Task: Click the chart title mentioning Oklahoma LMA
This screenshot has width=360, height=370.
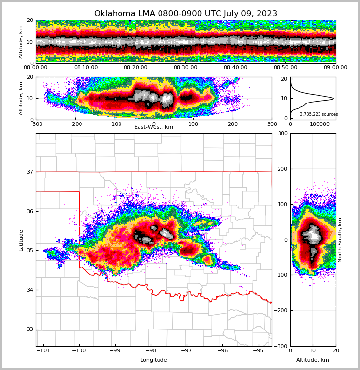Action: coord(185,14)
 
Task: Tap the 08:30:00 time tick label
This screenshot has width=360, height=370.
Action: coord(185,68)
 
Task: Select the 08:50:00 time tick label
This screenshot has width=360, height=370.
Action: coord(285,68)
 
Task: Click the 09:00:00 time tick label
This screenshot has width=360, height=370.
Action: coord(335,68)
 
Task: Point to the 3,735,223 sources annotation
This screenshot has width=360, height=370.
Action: coord(319,114)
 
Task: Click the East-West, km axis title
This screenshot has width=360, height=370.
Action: coord(153,127)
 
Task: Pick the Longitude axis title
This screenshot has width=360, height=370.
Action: coord(153,360)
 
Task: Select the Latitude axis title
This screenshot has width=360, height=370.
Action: coord(21,240)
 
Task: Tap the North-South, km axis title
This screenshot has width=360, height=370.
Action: coord(340,240)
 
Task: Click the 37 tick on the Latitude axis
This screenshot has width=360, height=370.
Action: coord(30,172)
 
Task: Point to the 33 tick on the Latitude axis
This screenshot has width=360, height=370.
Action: coord(30,329)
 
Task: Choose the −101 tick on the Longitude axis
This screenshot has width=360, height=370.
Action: coord(43,351)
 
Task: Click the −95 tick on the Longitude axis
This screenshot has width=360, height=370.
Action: coord(258,351)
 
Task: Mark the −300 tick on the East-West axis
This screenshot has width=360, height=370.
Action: coord(36,124)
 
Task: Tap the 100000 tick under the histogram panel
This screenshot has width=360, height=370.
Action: coord(320,124)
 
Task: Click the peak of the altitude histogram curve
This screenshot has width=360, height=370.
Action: coord(333,98)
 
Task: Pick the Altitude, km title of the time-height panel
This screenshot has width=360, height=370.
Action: coord(21,42)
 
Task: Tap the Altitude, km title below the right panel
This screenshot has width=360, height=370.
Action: coord(313,360)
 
